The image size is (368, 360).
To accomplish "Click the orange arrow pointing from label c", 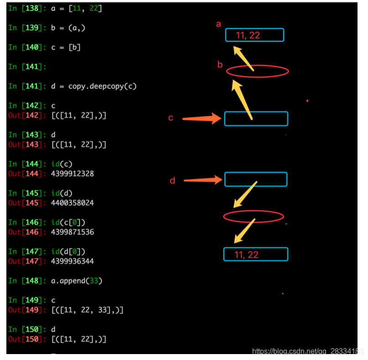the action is pos(202,119).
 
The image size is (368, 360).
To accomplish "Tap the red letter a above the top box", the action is pos(218,24).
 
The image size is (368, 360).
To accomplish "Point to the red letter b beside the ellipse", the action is pos(220,65).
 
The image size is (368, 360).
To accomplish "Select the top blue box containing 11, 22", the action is pos(254,35).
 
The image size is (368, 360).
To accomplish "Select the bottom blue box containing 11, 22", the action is pos(255,255).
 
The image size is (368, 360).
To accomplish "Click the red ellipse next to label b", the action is pos(258,71).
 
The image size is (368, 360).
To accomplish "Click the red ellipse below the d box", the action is pos(254,216).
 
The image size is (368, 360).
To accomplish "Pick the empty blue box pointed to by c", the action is pos(256,119).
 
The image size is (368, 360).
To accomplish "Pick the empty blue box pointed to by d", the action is pos(255,179).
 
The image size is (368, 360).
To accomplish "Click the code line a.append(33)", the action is pos(77,281).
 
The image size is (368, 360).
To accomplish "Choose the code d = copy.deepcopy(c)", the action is pos(94,86).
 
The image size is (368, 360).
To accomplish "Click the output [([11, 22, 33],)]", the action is pos(87,310).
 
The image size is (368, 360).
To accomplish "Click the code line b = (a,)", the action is pos(68,28).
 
